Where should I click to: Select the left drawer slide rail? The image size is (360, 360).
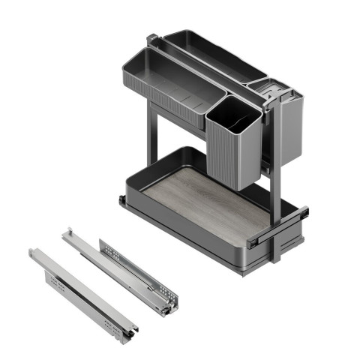click(82, 292)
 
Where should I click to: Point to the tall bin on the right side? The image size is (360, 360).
click(285, 127)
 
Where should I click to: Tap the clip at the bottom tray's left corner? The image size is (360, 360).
click(121, 201)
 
